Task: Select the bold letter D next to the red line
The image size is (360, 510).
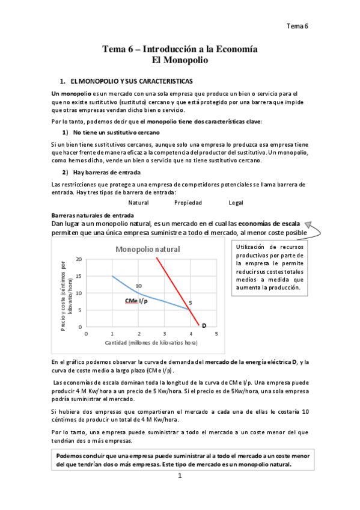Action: click(204, 325)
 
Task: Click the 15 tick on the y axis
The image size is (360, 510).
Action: click(78, 276)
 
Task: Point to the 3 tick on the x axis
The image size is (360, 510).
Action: click(164, 333)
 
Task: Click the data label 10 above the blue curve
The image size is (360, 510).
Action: click(139, 286)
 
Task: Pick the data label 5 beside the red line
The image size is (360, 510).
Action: click(191, 303)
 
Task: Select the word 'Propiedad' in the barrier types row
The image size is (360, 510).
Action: click(188, 203)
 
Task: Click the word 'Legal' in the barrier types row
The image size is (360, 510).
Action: click(236, 203)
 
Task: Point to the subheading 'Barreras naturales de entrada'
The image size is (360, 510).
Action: click(93, 215)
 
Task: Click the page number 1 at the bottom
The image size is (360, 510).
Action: click(179, 476)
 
